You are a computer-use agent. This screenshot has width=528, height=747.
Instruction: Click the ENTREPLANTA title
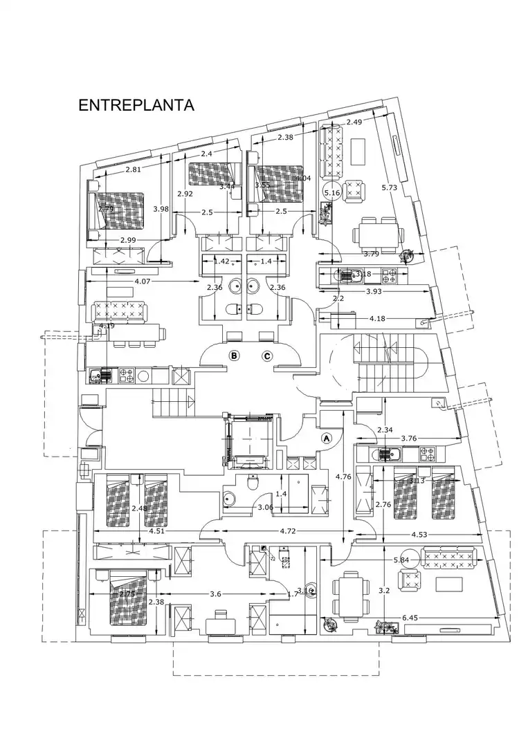coord(136,106)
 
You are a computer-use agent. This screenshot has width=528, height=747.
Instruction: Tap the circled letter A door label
coord(327,438)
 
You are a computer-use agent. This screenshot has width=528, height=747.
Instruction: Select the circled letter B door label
coord(235,356)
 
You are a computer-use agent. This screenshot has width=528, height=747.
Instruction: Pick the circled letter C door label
coord(267,356)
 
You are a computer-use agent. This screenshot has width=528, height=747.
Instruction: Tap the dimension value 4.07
coord(143,282)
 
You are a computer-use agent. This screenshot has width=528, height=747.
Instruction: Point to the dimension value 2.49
coord(354,122)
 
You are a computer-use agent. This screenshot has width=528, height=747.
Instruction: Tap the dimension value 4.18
coord(378,318)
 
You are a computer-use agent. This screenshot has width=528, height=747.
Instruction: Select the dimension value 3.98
coord(161,209)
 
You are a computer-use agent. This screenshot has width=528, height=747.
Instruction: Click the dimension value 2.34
coord(385,430)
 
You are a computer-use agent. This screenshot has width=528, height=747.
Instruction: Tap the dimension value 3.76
coord(408,438)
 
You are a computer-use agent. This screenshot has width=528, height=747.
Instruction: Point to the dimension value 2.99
coord(128,240)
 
